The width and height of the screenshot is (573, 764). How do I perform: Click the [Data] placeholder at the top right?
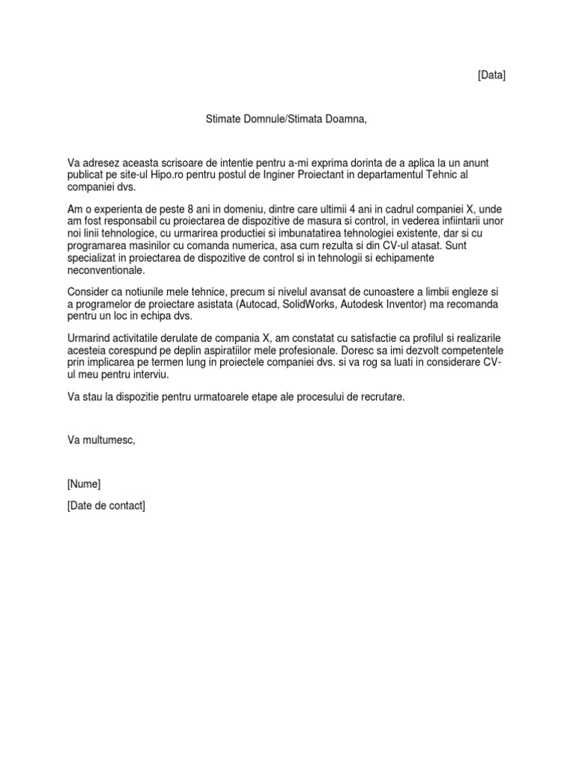click(x=491, y=75)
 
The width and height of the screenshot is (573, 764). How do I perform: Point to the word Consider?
click(x=88, y=292)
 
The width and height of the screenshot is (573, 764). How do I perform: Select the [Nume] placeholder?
click(x=84, y=483)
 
